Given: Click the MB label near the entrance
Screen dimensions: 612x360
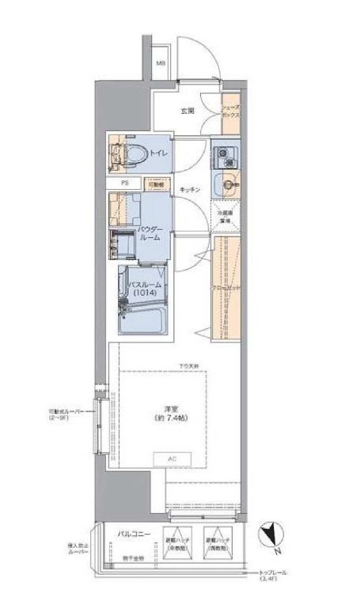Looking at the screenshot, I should pyautogui.click(x=161, y=62).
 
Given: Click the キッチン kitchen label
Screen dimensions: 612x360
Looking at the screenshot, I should pyautogui.click(x=189, y=191).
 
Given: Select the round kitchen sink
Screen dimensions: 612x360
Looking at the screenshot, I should pyautogui.click(x=229, y=184).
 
